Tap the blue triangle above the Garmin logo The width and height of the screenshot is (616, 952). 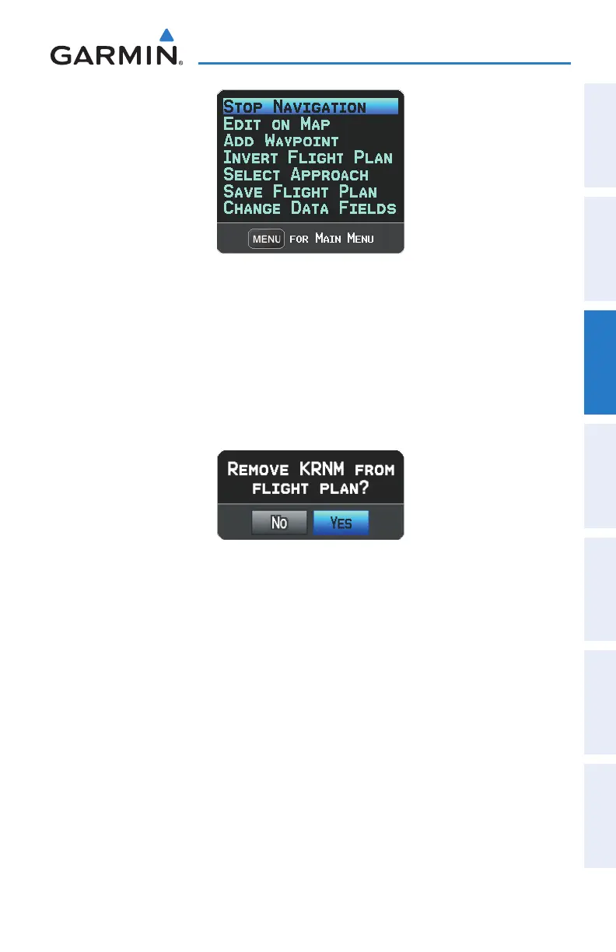click(166, 35)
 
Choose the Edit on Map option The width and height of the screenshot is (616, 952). click(277, 124)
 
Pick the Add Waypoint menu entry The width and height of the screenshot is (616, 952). click(281, 141)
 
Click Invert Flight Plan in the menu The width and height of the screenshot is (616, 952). click(308, 158)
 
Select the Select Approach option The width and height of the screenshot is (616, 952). click(296, 175)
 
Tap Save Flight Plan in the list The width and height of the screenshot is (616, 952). click(300, 192)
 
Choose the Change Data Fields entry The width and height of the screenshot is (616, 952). click(310, 208)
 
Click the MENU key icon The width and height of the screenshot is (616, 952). click(266, 239)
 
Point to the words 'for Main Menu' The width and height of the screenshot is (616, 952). click(331, 239)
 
